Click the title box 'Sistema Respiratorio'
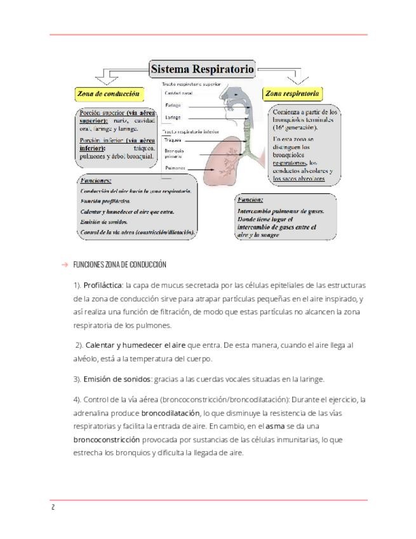pos(202,68)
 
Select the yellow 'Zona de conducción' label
pos(108,93)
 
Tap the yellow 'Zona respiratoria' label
pos(292,93)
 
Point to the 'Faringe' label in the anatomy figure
pos(173,105)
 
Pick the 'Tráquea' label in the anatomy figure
pos(173,140)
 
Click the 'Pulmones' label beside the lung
pos(175,168)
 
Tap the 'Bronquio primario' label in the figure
pos(174,153)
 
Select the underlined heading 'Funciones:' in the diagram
pos(96,181)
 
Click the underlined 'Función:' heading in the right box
pos(250,200)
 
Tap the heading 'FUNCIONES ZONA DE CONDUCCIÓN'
pos(119,264)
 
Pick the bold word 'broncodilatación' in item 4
pos(167,413)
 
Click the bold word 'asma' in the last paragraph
pos(274,426)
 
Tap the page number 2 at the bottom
pos(53,508)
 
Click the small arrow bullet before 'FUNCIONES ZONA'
pos(64,264)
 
